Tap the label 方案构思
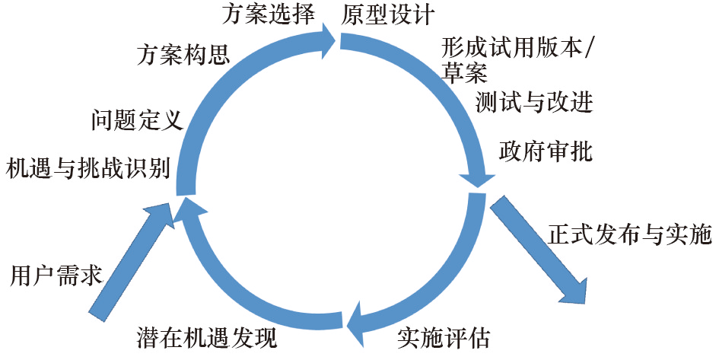(x=183, y=55)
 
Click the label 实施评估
(x=444, y=336)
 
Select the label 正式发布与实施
(x=629, y=234)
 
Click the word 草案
(x=463, y=74)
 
